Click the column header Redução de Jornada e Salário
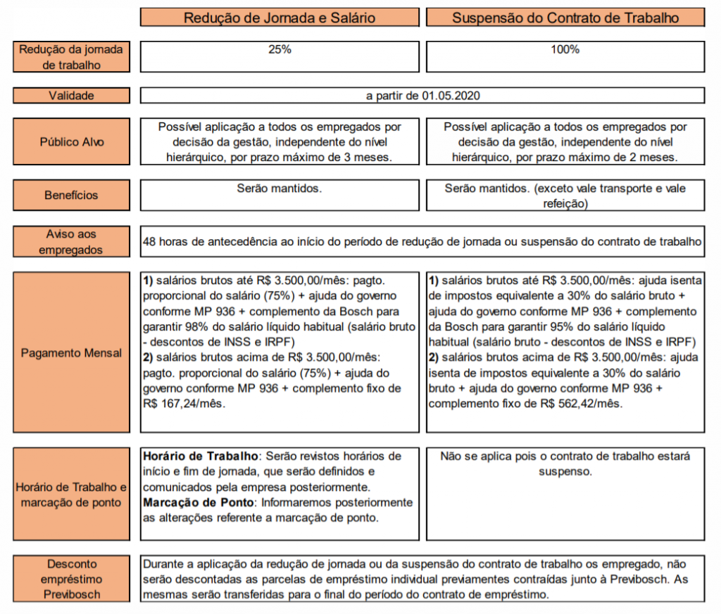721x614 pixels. pos(280,18)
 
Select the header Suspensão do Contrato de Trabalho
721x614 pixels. pos(565,18)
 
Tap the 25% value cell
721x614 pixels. pos(280,50)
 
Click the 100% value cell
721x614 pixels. pos(565,50)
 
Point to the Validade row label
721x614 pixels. pos(71,96)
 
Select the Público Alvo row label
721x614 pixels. pos(71,142)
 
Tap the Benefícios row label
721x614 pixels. pos(71,195)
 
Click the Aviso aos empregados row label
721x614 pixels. pos(71,241)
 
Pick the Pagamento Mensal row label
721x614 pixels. pos(71,352)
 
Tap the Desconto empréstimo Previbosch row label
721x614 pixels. pos(71,579)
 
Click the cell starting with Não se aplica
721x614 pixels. pos(565,463)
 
